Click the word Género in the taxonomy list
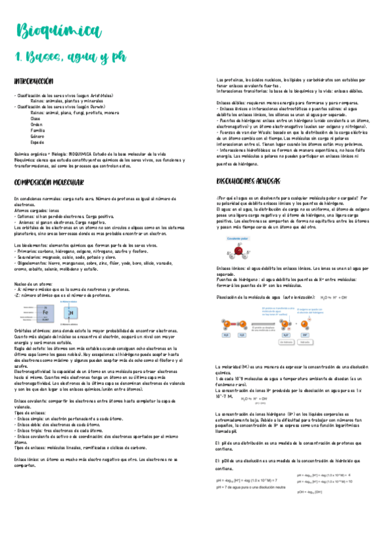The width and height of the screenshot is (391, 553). (x=38, y=136)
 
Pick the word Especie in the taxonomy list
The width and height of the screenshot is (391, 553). (x=38, y=142)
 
